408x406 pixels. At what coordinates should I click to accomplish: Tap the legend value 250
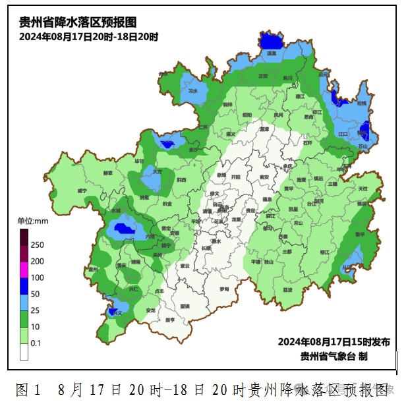38,245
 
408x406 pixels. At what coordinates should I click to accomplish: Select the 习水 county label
193,92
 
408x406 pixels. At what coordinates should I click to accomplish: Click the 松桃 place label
361,103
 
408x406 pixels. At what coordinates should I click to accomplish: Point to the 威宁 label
82,190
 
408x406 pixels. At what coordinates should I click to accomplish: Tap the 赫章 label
108,173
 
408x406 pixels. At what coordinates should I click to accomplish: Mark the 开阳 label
236,177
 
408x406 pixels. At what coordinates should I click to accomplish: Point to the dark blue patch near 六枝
121,229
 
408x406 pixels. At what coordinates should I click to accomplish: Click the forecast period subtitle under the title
88,37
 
